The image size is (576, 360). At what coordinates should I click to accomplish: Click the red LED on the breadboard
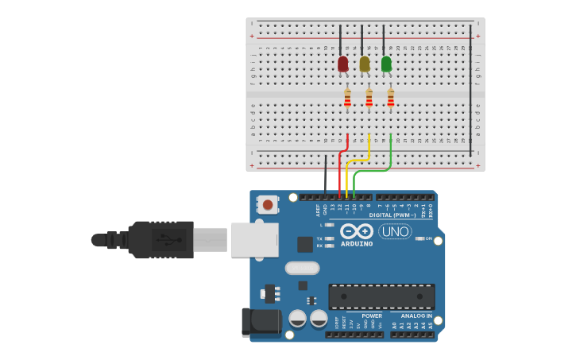[x=342, y=64]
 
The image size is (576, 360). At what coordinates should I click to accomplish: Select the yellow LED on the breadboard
[x=365, y=64]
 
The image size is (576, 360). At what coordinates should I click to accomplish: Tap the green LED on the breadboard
[x=386, y=64]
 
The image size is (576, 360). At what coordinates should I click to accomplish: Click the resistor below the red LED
[x=347, y=98]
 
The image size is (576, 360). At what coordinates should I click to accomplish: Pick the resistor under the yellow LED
[x=369, y=98]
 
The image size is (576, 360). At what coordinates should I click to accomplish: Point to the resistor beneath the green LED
[x=390, y=98]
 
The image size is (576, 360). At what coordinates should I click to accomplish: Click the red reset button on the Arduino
[x=268, y=205]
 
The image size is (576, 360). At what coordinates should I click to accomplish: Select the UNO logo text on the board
[x=395, y=231]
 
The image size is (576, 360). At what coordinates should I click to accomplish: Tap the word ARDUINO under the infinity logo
[x=357, y=244]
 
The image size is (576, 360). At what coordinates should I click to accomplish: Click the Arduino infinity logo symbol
[x=357, y=231]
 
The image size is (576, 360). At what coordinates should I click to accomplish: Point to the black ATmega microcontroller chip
[x=381, y=296]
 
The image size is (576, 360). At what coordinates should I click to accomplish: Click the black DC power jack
[x=262, y=322]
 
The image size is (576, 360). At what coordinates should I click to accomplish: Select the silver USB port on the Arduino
[x=254, y=239]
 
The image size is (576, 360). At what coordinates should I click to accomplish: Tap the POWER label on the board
[x=372, y=315]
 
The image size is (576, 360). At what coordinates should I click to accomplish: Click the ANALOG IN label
[x=416, y=315]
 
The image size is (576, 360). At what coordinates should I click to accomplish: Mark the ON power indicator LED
[x=419, y=238]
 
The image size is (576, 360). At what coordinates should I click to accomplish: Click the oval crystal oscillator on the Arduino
[x=302, y=268]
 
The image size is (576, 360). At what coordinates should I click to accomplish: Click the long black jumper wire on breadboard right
[x=470, y=87]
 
